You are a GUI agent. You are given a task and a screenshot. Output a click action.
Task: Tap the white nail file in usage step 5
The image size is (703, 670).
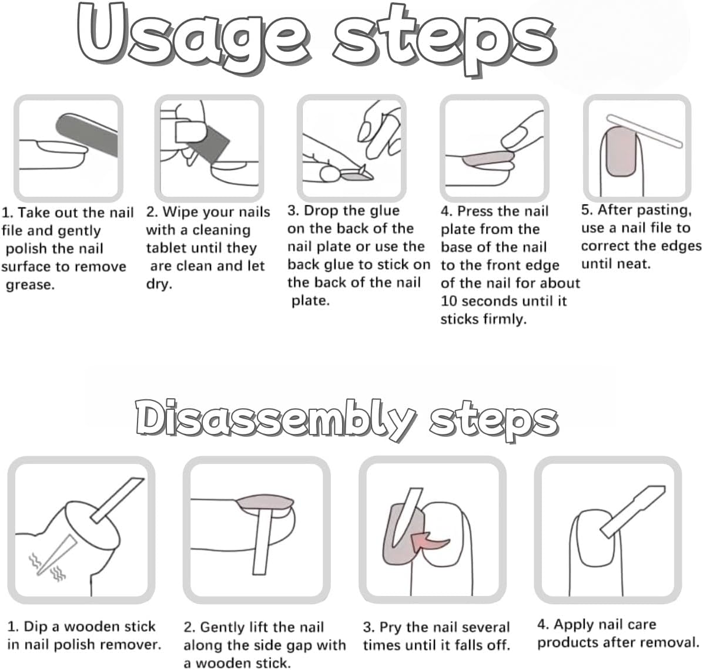(645, 131)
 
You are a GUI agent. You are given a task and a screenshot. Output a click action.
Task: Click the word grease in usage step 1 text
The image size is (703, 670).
(30, 285)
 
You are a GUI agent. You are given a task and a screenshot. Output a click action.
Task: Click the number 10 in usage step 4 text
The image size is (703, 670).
(449, 301)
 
